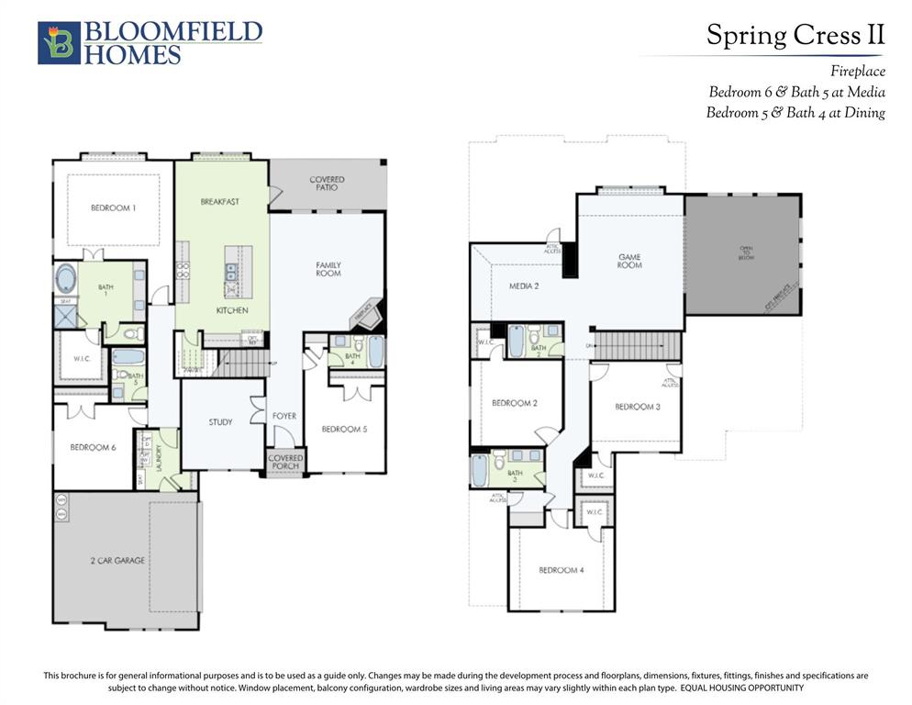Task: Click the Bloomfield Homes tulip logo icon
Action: coord(59,43)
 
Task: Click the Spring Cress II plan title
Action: coord(795,36)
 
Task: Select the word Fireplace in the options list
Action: coord(858,71)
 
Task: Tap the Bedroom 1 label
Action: coord(113,208)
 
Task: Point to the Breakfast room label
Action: coord(219,201)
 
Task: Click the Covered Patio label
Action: coord(327,183)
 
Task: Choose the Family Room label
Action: coord(328,269)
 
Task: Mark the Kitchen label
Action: coord(232,310)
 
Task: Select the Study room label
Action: coord(220,422)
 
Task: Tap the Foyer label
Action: coord(284,416)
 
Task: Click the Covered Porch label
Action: coord(285,461)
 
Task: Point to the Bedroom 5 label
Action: coord(344,429)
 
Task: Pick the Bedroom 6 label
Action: coord(93,447)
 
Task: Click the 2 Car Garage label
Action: coord(117,560)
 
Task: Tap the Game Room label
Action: coord(629,261)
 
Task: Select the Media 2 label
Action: coord(524,286)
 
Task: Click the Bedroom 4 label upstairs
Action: coord(561,570)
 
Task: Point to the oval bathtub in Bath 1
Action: coord(67,279)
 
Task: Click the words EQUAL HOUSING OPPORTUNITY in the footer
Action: coord(741,688)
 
